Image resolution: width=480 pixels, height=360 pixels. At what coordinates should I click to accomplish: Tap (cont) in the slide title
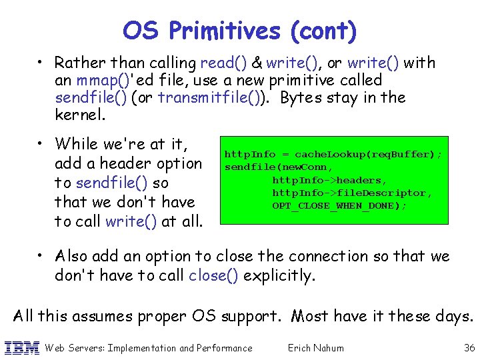[323, 31]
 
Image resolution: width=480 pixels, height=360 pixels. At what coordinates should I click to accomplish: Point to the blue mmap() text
[99, 81]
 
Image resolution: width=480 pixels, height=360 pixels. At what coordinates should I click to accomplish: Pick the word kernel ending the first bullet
[79, 115]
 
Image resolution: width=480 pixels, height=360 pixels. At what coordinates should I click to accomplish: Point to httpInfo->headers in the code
[329, 180]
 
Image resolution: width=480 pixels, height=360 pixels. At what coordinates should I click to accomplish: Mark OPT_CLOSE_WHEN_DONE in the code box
[338, 205]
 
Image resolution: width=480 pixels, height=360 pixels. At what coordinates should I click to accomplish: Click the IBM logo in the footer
[21, 347]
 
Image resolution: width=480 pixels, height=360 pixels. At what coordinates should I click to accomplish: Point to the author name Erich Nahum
[315, 347]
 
